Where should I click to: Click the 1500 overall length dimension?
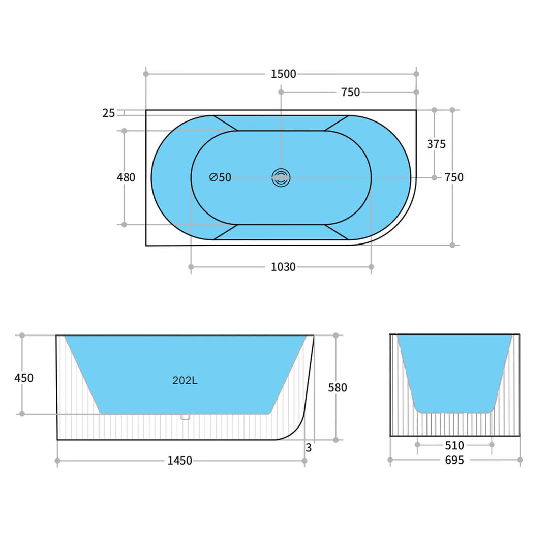(283, 74)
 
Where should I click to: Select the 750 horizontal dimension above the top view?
(350, 92)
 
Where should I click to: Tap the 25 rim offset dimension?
(109, 113)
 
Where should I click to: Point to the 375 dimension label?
(436, 144)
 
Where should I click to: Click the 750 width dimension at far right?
(453, 177)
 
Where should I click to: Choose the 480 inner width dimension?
(126, 177)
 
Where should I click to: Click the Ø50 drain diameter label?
(220, 177)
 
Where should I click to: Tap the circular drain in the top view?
(281, 177)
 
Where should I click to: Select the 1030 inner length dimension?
(283, 267)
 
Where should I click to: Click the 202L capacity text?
(185, 380)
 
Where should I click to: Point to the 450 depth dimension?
(24, 378)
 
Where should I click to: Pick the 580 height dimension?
(338, 387)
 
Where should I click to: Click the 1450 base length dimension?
(180, 461)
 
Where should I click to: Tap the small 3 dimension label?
(309, 448)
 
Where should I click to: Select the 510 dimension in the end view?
(454, 445)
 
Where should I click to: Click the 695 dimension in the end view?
(454, 460)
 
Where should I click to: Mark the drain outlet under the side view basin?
(186, 417)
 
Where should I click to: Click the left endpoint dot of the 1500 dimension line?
(146, 74)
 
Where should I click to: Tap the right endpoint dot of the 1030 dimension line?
(371, 267)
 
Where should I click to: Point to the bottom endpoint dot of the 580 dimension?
(335, 440)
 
